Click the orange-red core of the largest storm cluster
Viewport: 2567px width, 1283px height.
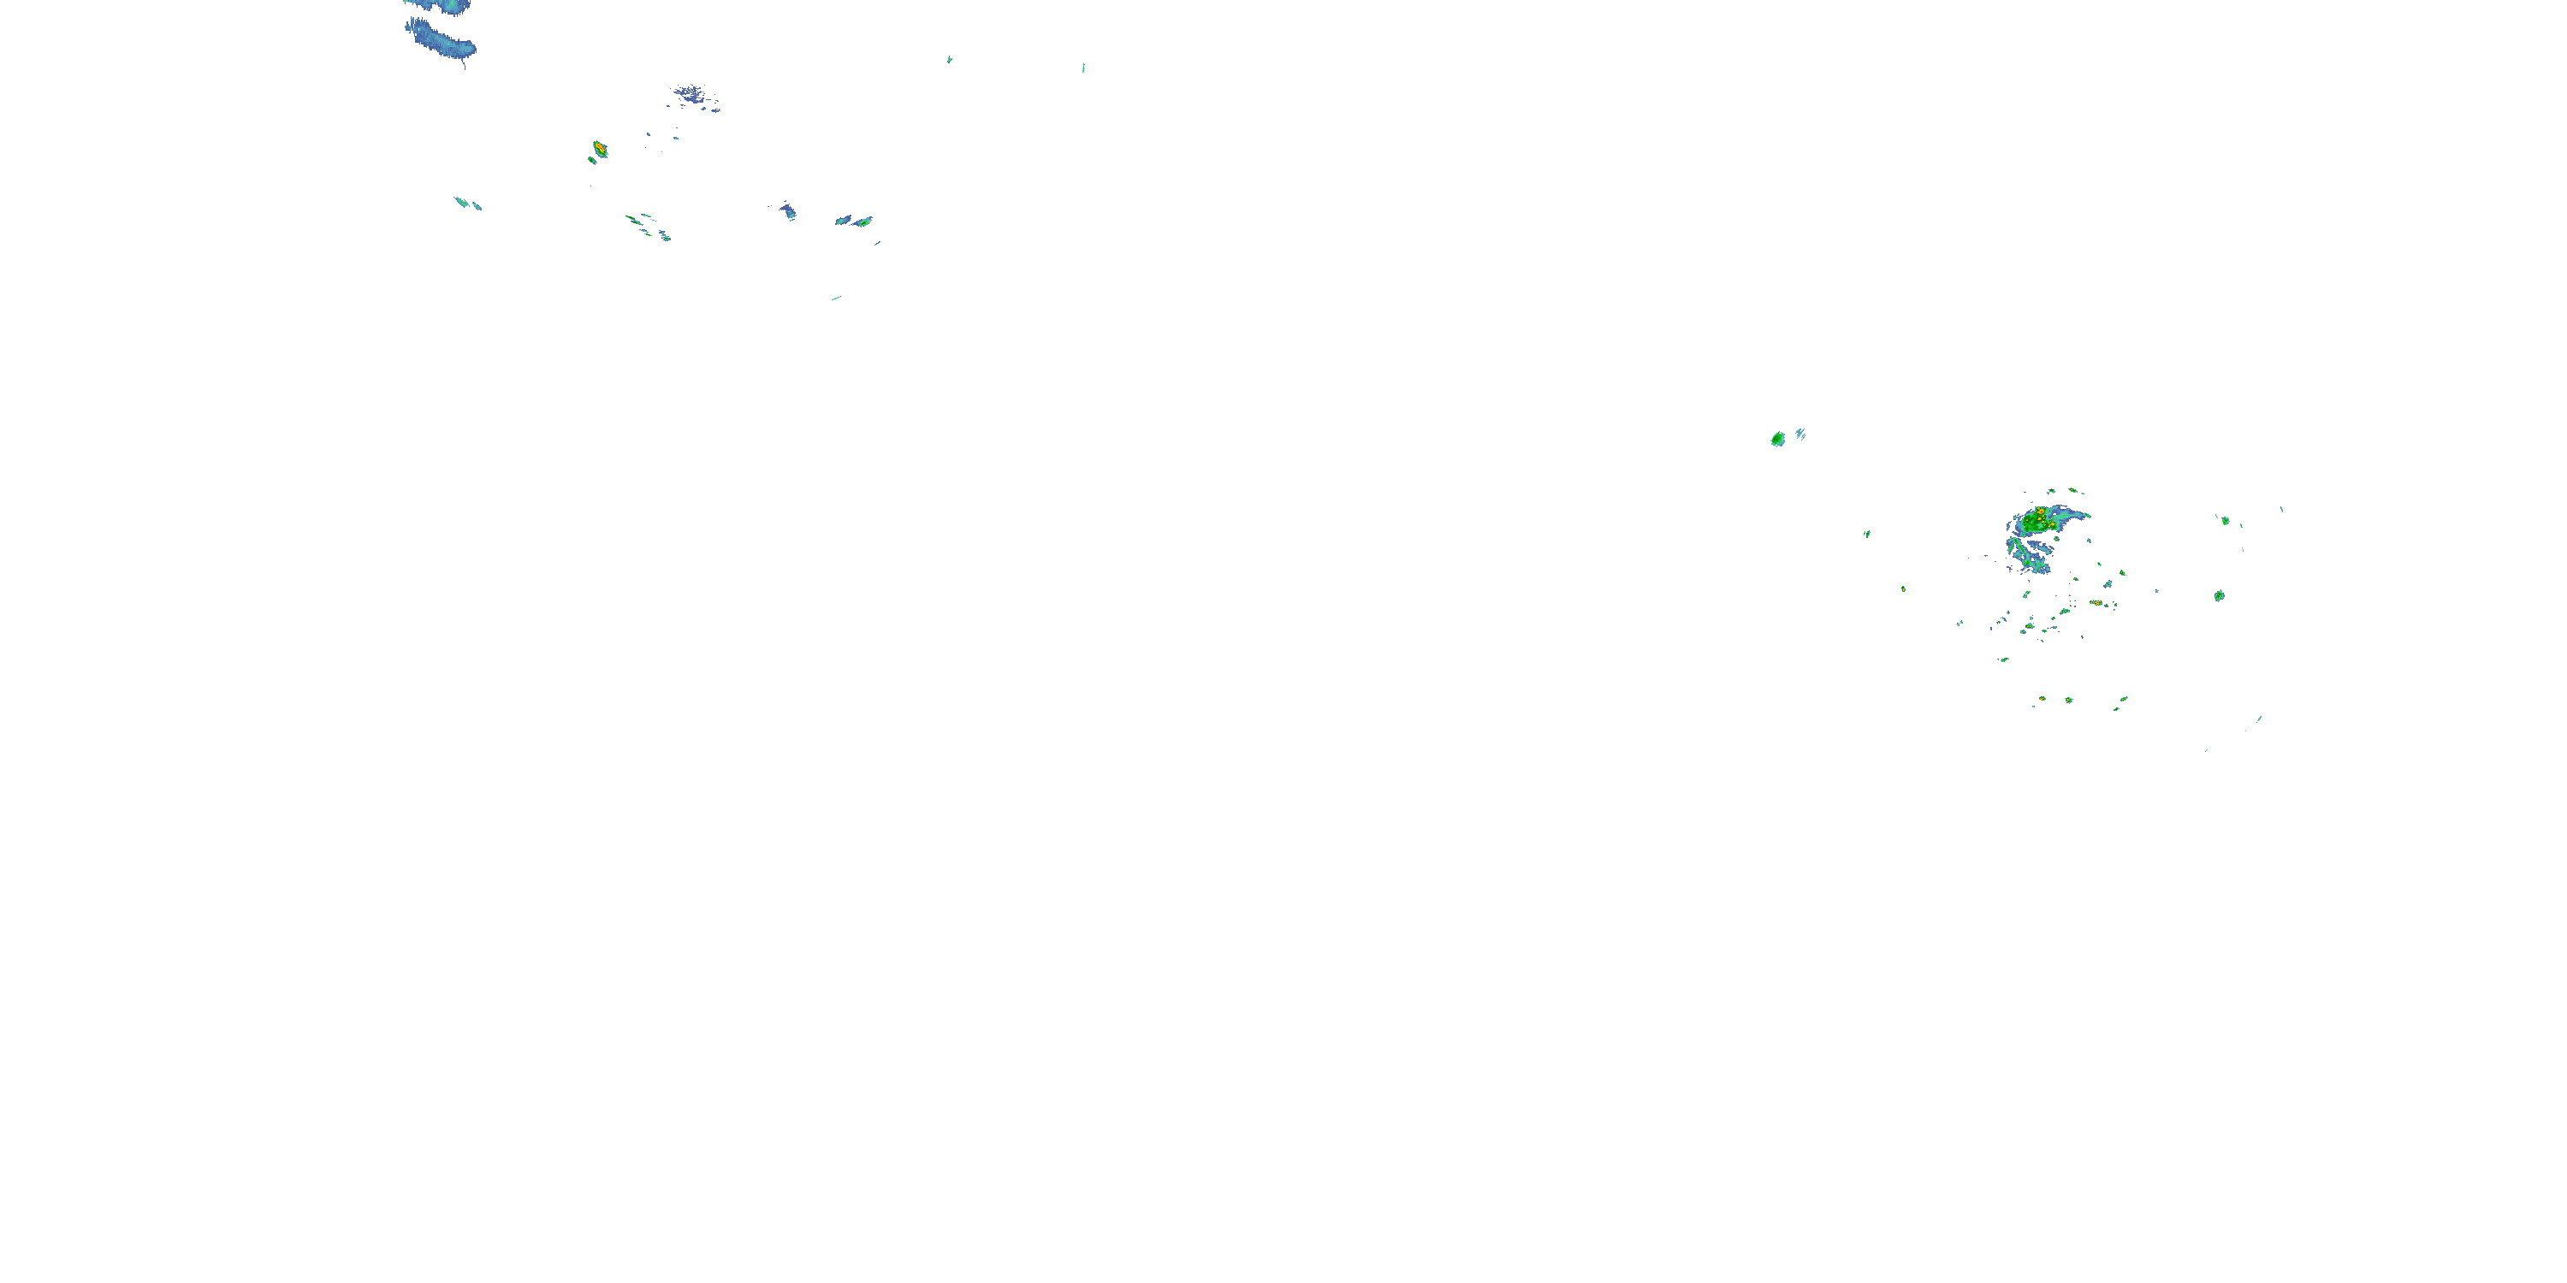(x=2040, y=514)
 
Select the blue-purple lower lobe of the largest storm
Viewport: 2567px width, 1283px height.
(x=2029, y=559)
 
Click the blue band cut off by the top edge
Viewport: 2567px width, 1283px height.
(x=438, y=6)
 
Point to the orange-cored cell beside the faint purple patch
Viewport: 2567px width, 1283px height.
(x=599, y=149)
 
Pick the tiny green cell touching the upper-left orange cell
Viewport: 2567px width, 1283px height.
(x=591, y=159)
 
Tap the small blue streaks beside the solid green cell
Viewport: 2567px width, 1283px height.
(x=1799, y=434)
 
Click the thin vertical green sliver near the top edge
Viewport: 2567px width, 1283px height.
(x=1083, y=68)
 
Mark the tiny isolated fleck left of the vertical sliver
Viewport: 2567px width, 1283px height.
(x=949, y=60)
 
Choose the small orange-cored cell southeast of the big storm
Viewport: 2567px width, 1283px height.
(x=2096, y=603)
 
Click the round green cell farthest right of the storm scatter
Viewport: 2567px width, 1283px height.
(x=2220, y=595)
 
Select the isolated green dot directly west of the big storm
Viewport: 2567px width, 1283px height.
(x=1866, y=534)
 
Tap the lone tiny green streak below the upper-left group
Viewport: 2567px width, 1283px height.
(x=835, y=298)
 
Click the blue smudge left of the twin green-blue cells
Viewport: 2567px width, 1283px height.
(x=788, y=210)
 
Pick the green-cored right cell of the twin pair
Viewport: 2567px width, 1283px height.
(x=863, y=222)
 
